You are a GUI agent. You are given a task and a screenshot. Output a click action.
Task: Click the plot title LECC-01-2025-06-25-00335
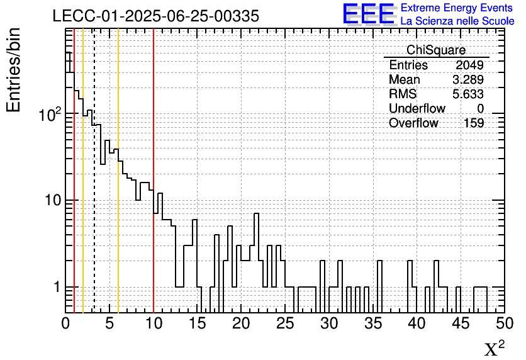[155, 16]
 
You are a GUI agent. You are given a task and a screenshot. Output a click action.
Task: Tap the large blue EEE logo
[369, 14]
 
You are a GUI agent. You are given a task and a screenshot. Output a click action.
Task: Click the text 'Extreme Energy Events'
[457, 8]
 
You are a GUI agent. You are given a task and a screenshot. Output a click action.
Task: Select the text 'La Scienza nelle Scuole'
[457, 21]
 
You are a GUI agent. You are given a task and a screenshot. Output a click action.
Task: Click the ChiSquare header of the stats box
[436, 50]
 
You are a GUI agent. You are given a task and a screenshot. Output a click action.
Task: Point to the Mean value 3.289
[468, 80]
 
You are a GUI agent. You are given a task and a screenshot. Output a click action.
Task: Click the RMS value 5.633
[468, 94]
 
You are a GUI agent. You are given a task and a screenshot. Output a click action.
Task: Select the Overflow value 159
[474, 123]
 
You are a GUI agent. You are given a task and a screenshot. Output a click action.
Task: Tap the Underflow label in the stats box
[417, 109]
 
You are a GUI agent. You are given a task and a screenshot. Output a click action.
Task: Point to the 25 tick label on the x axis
[285, 323]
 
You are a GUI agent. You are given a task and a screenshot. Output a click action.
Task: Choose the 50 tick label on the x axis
[503, 323]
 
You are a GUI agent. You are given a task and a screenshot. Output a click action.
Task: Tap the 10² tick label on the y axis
[49, 114]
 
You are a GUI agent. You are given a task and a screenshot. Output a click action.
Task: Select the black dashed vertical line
[94, 189]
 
